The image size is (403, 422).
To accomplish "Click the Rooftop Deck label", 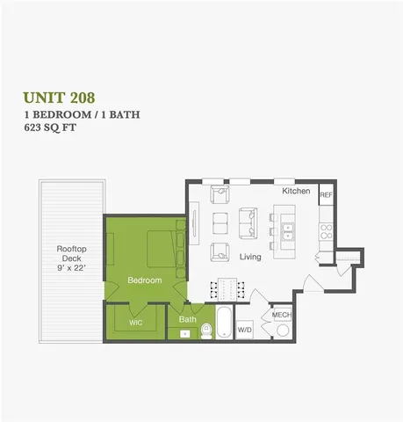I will coord(71,254).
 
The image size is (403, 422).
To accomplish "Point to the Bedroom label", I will coord(144,280).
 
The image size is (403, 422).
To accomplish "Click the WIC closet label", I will coord(135,322).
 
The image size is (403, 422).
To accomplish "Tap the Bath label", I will coord(188,319).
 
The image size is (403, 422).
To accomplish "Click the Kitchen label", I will coord(295,191).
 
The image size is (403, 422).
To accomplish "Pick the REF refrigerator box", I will coord(325,195).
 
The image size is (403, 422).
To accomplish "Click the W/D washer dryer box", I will coord(244,330).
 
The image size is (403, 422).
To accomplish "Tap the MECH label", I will coord(281,315).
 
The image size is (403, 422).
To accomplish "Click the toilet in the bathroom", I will coord(207,330).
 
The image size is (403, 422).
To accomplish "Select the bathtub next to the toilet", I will coord(223,323).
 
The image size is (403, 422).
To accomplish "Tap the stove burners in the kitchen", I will coord(326,231).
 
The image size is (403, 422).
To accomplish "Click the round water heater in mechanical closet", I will coord(283,331).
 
